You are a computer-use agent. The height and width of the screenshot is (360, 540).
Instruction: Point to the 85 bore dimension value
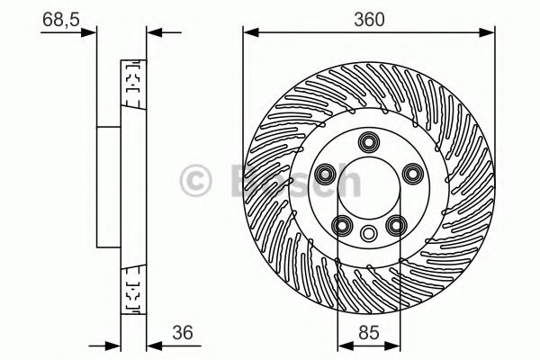tap(368, 331)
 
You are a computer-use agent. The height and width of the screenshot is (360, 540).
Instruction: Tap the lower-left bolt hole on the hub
tap(341, 226)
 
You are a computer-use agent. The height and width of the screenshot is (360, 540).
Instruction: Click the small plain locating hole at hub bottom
tap(369, 233)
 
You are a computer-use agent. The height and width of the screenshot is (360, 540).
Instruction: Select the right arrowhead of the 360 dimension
tap(490, 34)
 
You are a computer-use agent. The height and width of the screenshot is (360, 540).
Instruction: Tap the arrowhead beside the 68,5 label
tap(90, 34)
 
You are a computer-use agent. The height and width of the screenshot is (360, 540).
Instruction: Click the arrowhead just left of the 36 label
tap(153, 346)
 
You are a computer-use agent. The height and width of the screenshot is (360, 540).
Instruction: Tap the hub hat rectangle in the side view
tap(110, 185)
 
